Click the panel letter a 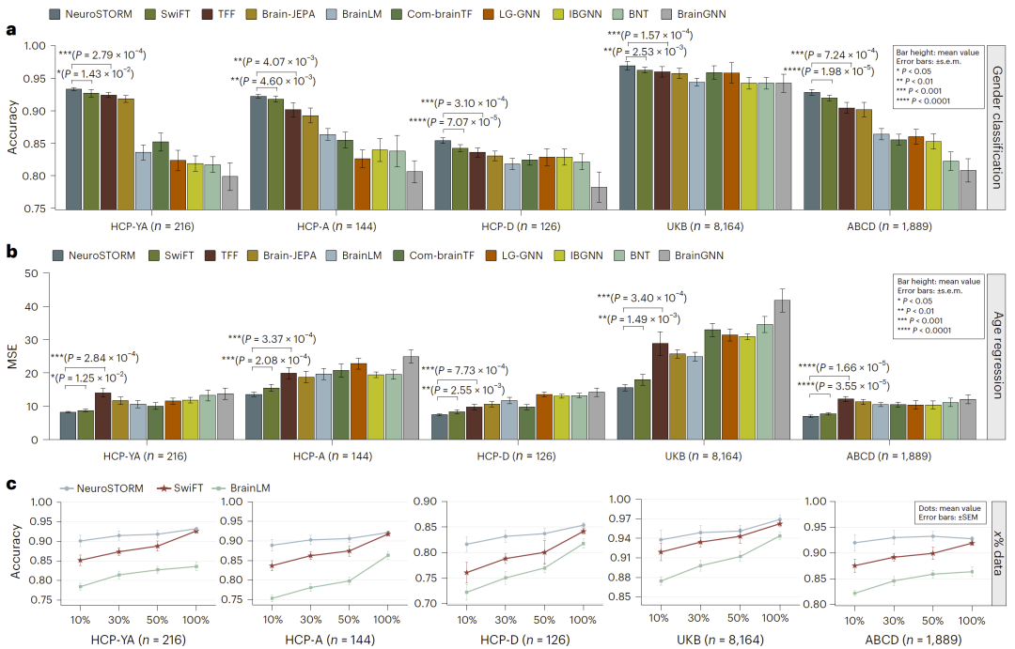[11, 30]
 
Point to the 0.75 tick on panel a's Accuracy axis [33, 209]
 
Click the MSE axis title [12, 356]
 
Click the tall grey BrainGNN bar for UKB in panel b [781, 369]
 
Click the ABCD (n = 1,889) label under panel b [887, 456]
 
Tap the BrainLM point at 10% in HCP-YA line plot [81, 586]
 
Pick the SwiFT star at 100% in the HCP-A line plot [388, 533]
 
